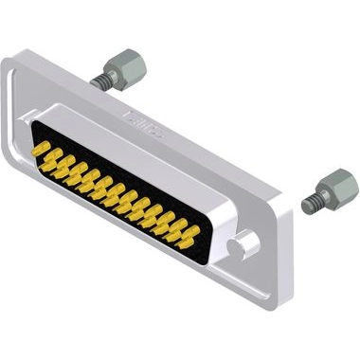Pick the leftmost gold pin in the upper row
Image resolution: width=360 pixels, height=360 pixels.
pyautogui.click(x=40, y=148)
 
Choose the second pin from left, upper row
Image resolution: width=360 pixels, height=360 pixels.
pyautogui.click(x=52, y=154)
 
